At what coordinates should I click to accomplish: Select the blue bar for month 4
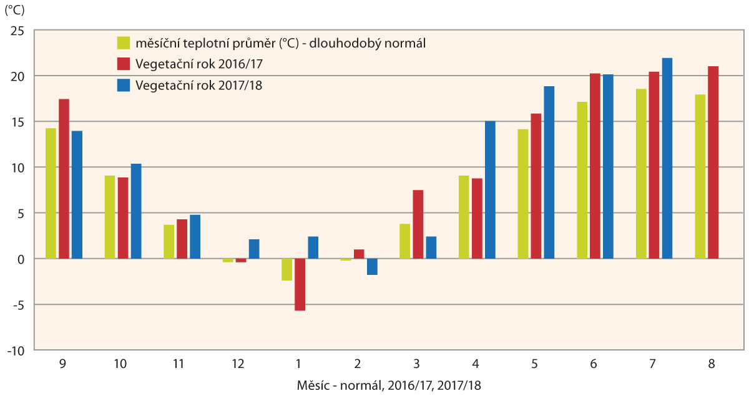[490, 190]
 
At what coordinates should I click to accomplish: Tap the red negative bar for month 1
[300, 284]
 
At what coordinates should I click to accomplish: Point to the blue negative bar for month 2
[372, 267]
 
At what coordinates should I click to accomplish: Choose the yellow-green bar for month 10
[110, 217]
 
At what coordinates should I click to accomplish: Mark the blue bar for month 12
[254, 249]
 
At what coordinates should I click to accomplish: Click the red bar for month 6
[595, 166]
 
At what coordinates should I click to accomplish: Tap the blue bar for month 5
[549, 172]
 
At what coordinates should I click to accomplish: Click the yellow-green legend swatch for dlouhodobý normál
[124, 43]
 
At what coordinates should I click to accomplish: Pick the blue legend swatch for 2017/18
[124, 86]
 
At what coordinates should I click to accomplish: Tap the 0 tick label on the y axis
[21, 259]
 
